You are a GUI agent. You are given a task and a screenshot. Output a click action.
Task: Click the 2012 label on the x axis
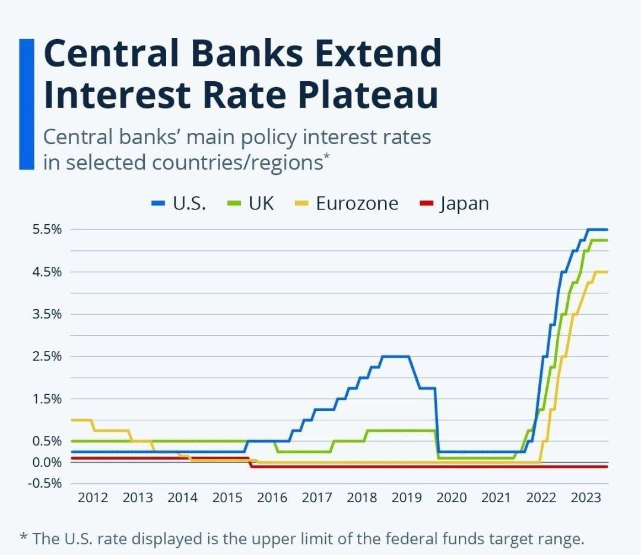tap(93, 497)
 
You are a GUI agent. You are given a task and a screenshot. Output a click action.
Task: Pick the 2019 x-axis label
tap(407, 497)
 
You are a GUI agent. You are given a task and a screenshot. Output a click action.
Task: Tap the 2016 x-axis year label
tap(272, 497)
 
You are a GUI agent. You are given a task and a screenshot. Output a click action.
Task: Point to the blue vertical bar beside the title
tap(26, 104)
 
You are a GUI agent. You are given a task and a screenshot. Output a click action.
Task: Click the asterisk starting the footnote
tap(23, 538)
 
